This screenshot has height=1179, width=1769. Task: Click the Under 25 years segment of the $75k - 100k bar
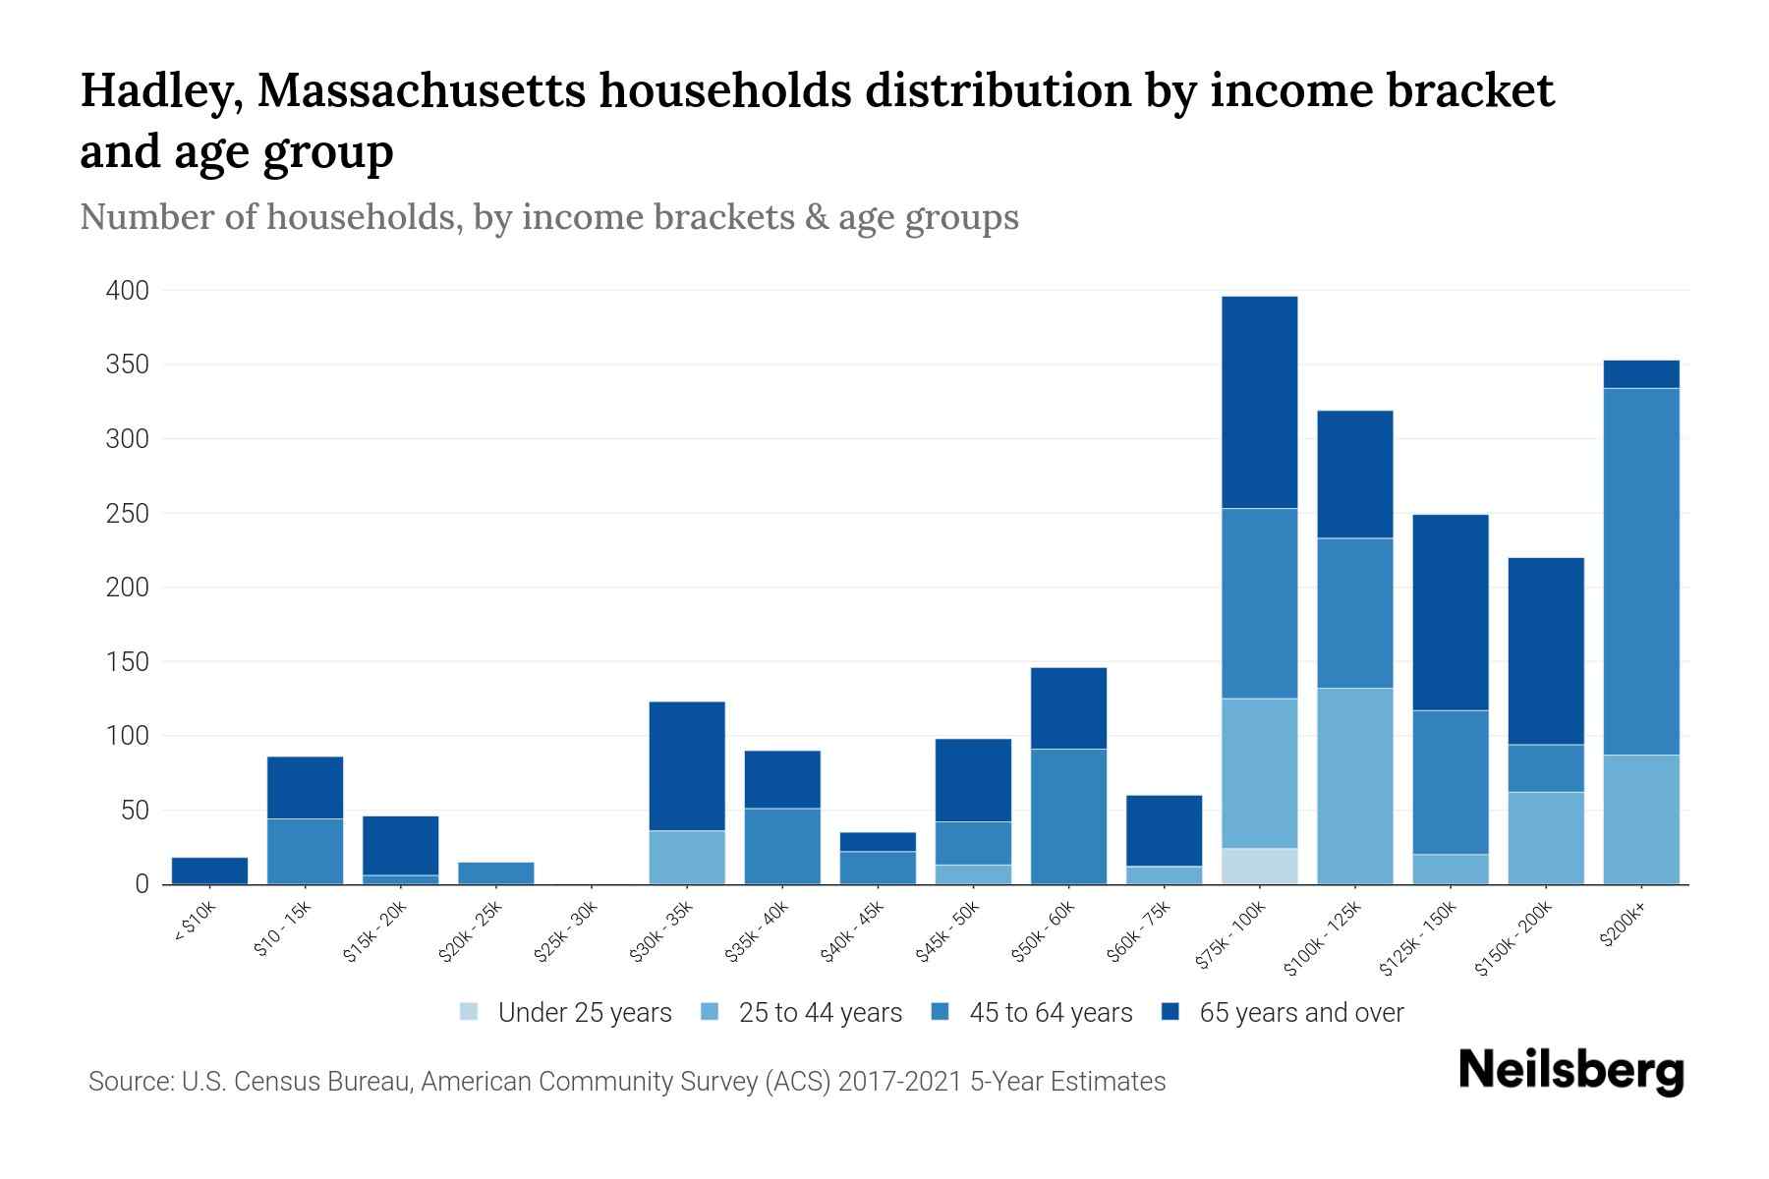click(1259, 866)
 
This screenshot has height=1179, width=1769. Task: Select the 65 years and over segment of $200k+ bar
click(1640, 374)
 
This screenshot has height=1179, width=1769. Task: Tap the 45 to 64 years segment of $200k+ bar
click(1640, 571)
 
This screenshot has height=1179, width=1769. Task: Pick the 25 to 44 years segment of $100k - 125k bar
click(1354, 786)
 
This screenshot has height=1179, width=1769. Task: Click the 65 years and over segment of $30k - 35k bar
click(687, 765)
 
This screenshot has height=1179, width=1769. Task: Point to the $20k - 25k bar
click(496, 872)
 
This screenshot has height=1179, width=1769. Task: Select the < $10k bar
click(209, 870)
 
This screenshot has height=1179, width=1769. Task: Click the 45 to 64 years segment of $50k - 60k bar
click(1068, 815)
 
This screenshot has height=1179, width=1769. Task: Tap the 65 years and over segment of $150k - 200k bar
click(1545, 650)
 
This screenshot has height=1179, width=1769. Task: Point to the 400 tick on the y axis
click(128, 291)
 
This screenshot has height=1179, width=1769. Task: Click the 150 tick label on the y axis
click(128, 662)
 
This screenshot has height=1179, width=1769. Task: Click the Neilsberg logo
click(1570, 1071)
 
